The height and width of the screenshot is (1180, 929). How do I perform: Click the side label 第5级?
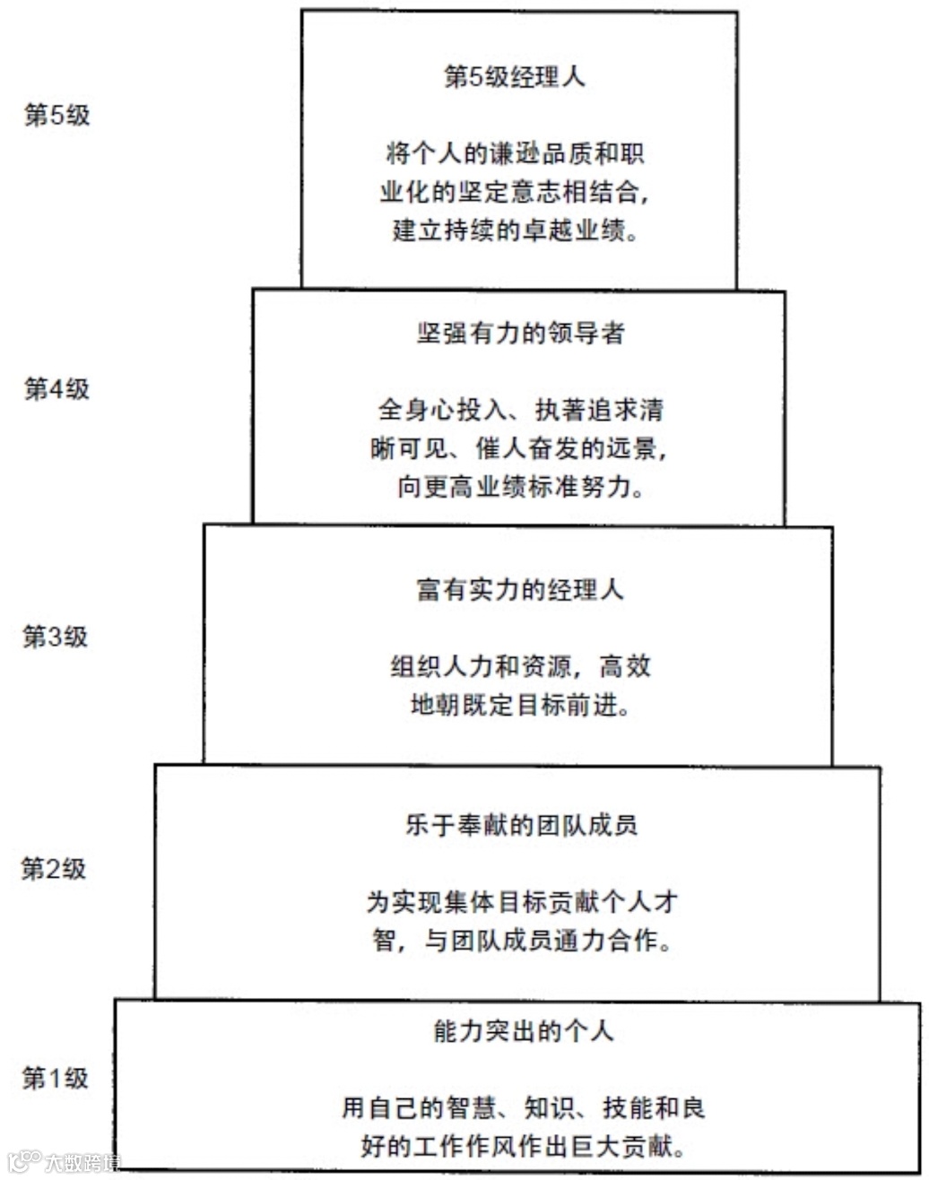click(x=56, y=117)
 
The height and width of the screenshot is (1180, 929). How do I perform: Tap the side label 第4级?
click(x=56, y=389)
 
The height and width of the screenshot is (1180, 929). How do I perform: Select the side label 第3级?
click(x=56, y=637)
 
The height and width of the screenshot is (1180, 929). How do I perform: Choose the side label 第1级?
click(x=56, y=1078)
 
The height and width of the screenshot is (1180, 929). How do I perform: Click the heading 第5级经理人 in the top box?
click(x=515, y=77)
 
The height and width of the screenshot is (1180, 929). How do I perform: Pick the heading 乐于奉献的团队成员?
click(x=521, y=824)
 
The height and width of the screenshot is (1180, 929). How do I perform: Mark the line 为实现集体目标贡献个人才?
click(x=521, y=902)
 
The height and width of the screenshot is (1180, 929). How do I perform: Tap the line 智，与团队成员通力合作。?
click(x=521, y=941)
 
